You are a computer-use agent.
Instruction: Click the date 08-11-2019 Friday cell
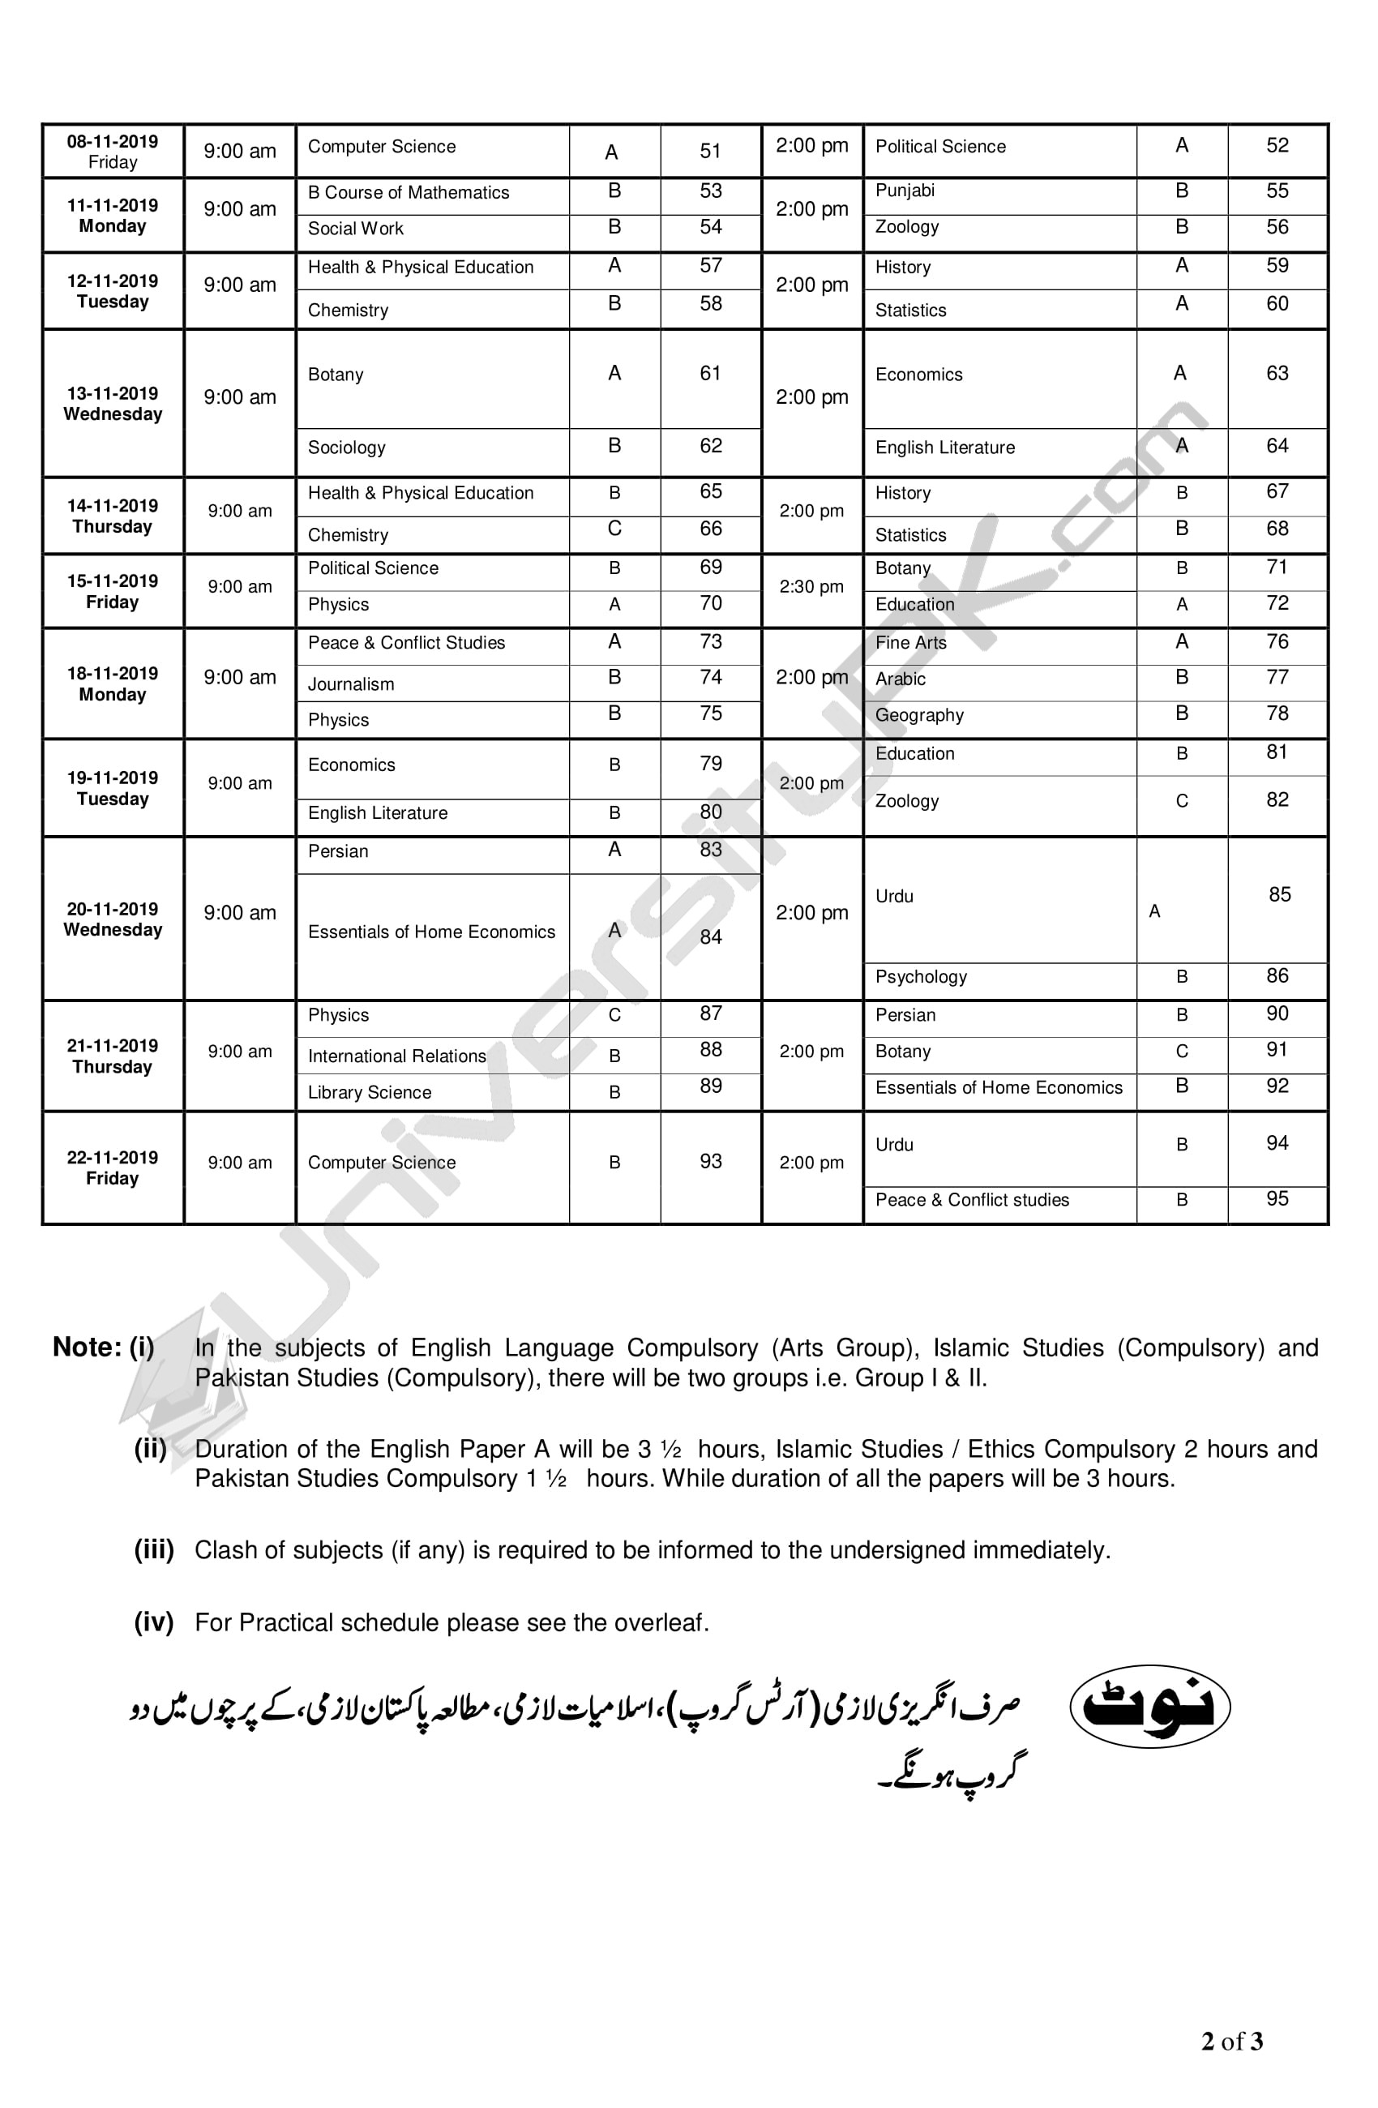click(113, 152)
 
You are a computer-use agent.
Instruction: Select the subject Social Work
click(355, 229)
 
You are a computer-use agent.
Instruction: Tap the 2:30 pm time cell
click(811, 586)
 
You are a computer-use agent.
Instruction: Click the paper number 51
click(710, 152)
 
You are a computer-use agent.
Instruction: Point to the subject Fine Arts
click(910, 643)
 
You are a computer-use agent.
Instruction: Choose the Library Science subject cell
click(370, 1092)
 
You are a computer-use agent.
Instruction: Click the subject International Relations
click(396, 1056)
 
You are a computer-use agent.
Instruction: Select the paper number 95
click(1276, 1198)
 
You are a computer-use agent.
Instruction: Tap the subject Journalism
click(351, 683)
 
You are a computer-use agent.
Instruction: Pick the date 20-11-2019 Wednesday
click(113, 919)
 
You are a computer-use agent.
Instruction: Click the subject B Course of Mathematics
click(409, 192)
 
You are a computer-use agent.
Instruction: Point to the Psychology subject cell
click(921, 976)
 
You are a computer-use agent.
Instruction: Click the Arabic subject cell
click(900, 679)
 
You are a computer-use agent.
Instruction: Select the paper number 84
click(710, 936)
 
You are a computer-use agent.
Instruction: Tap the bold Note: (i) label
click(104, 1347)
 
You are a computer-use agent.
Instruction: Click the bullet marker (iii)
click(154, 1549)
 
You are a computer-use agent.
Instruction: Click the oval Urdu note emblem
click(1149, 1705)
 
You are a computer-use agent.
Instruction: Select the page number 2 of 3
click(1231, 2042)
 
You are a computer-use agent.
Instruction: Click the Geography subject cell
click(919, 715)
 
